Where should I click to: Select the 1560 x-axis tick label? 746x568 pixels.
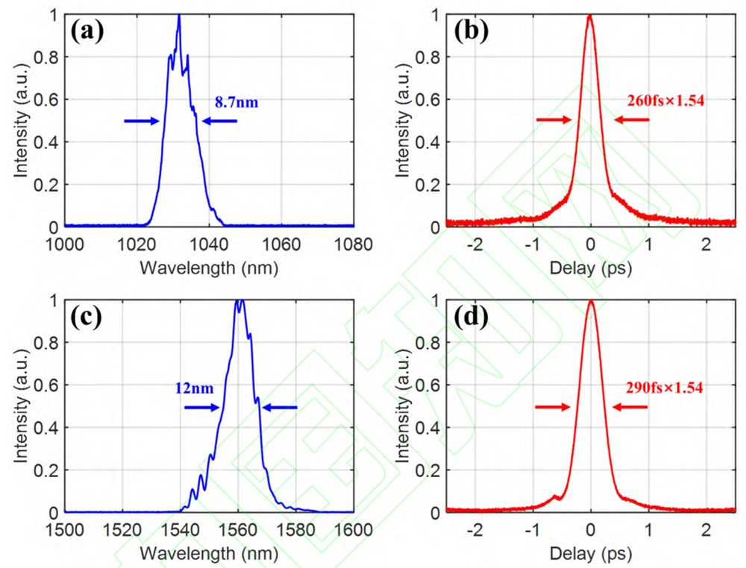point(237,529)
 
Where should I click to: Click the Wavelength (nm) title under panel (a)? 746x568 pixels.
point(209,268)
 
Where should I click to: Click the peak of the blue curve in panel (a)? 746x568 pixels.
point(179,16)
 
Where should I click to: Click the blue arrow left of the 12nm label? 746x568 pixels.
point(202,407)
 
